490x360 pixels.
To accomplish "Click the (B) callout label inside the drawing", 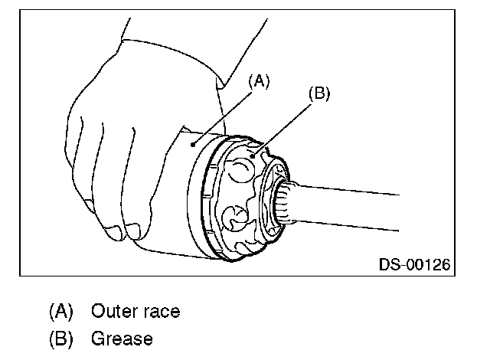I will (318, 94).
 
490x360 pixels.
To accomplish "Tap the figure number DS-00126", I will (414, 265).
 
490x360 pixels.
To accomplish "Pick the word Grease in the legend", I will (122, 338).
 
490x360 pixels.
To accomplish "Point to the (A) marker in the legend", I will (61, 312).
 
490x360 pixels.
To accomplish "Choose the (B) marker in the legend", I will (61, 338).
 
